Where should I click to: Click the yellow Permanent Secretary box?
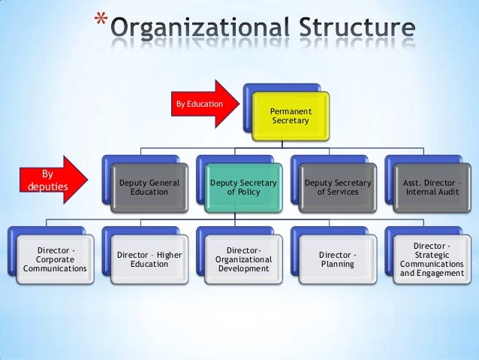289,116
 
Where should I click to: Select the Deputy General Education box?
149,187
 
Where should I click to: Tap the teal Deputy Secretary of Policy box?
243,187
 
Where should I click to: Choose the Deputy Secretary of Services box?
336,187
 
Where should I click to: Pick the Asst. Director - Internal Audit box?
432,187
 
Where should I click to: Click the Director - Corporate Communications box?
55,258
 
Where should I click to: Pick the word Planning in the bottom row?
336,264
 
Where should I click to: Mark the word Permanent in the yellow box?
289,111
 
